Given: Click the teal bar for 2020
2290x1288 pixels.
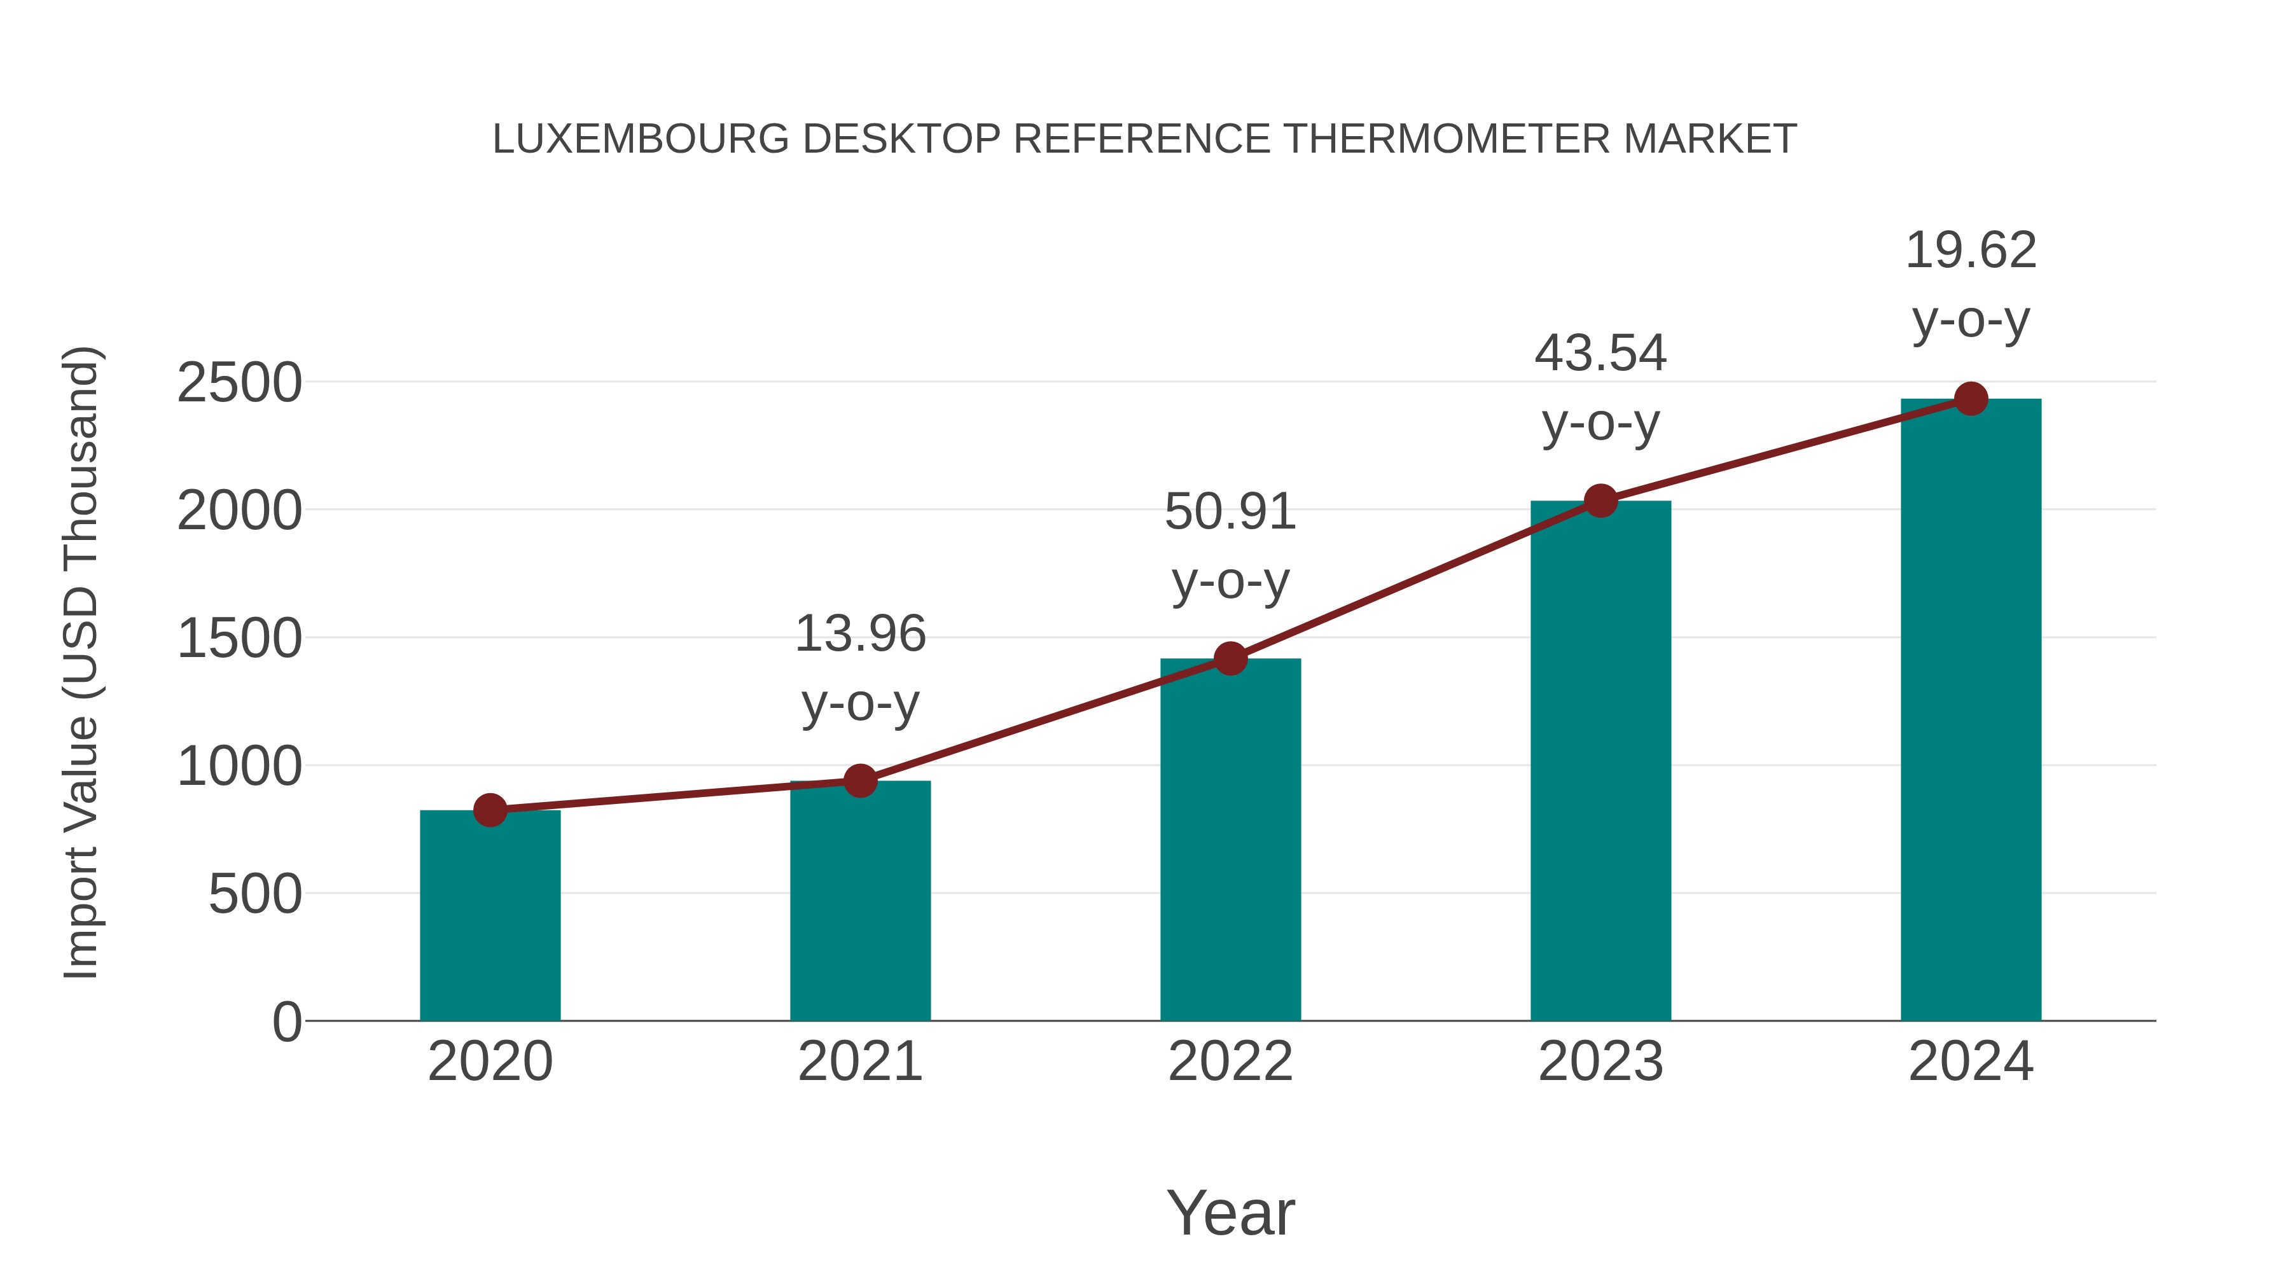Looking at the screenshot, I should [x=490, y=915].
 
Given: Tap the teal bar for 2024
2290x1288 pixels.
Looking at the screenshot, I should [x=1971, y=711].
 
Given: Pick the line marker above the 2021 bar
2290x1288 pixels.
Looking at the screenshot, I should [x=859, y=781].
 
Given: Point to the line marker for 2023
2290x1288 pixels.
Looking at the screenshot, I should [x=1600, y=501].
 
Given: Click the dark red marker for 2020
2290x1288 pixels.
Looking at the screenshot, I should [x=490, y=810].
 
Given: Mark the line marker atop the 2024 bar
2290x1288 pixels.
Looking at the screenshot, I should [x=1971, y=399].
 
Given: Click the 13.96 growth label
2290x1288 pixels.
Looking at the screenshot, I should [x=859, y=635].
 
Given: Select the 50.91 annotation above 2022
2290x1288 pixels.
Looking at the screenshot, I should [x=1230, y=512].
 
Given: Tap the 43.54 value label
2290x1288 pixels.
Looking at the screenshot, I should [x=1600, y=354].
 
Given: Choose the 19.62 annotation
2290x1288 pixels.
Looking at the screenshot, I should [x=1971, y=251].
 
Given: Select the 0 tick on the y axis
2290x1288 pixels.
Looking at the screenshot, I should [x=286, y=1022].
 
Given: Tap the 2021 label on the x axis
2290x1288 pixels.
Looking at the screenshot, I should [x=859, y=1062].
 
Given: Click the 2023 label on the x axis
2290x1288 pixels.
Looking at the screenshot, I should [x=1600, y=1062].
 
